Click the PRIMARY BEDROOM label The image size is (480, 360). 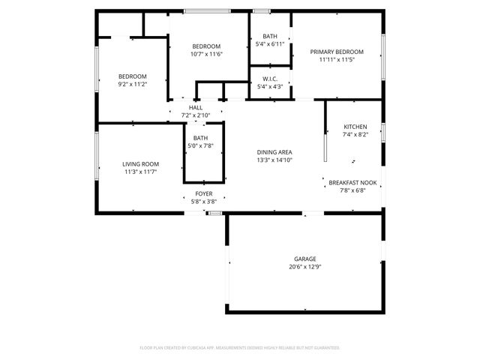[337, 52]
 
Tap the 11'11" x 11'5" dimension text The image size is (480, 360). [337, 60]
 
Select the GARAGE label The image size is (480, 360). [304, 259]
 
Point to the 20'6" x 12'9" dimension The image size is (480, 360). [304, 267]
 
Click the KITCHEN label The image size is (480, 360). [355, 127]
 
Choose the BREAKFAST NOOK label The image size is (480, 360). [352, 182]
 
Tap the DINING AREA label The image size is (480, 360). [274, 152]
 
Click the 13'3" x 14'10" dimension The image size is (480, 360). [274, 160]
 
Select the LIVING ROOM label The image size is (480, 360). [141, 163]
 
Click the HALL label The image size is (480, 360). [196, 107]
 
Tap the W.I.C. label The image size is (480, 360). [270, 79]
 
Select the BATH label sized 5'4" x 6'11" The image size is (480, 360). [270, 36]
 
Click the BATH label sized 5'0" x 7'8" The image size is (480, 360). [200, 138]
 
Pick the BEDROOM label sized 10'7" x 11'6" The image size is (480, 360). [207, 46]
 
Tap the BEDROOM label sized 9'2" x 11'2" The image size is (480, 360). [132, 76]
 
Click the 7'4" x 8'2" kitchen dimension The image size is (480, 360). [355, 135]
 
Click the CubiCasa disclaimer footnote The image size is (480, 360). [240, 348]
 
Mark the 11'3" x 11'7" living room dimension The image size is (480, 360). [141, 172]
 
